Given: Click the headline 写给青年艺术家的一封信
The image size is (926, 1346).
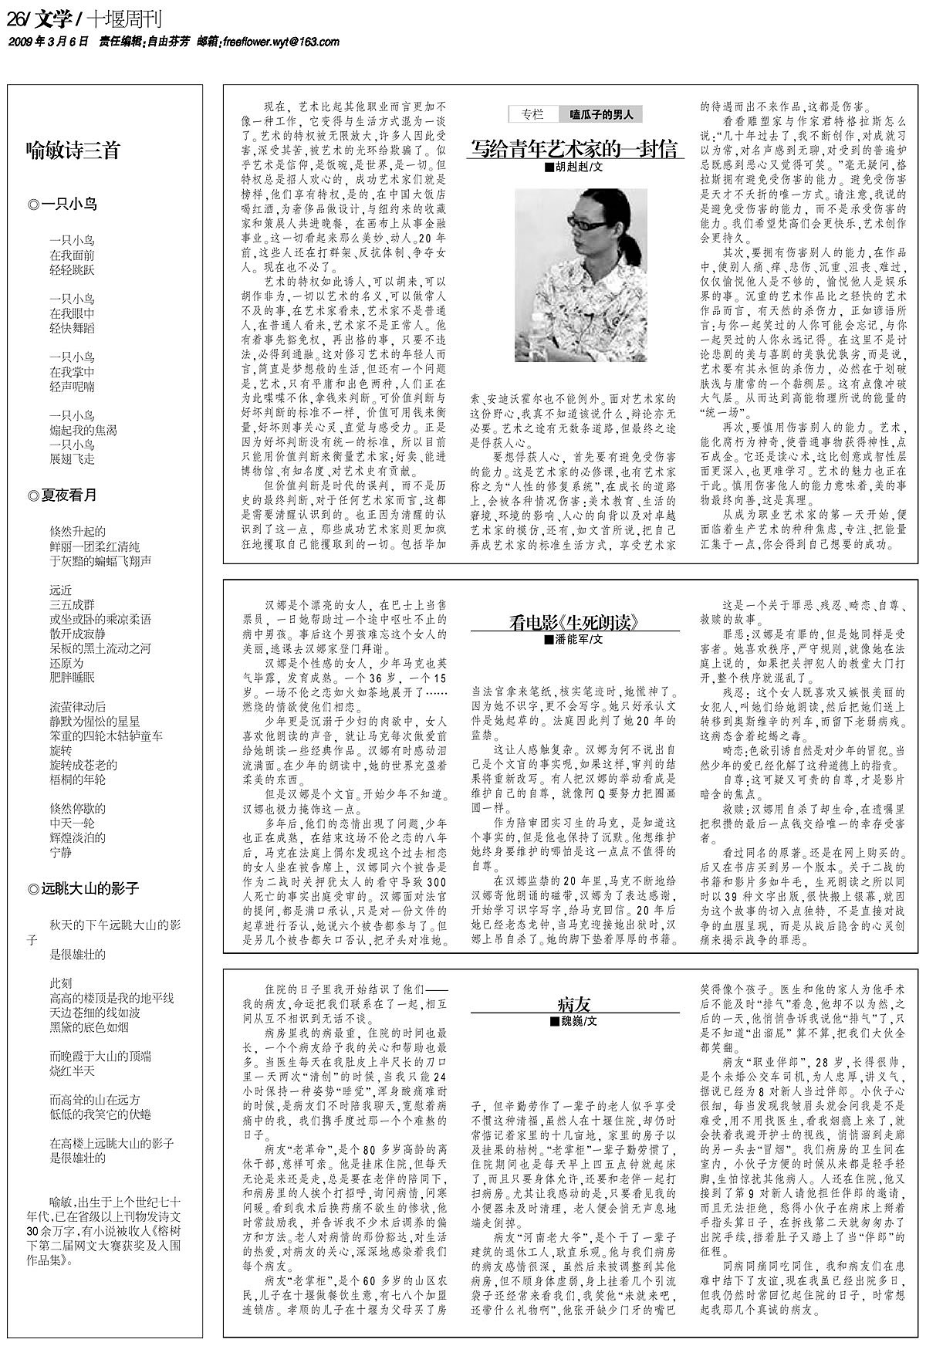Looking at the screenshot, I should (575, 147).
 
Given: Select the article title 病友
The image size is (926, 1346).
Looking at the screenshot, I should (575, 1004).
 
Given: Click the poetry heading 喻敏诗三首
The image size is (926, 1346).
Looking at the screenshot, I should (73, 150).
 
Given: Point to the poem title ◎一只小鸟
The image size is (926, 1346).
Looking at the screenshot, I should (63, 205).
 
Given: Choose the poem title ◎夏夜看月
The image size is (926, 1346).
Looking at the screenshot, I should (63, 495).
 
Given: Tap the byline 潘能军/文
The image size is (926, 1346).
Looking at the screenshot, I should (575, 640).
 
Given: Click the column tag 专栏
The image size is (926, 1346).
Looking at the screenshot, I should (532, 114).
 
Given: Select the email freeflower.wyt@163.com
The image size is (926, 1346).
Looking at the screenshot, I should (280, 42).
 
